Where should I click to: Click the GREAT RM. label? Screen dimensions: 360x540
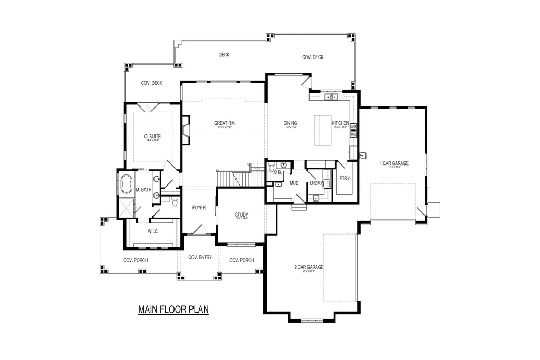(225, 123)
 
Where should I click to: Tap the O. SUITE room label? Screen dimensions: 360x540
(152, 137)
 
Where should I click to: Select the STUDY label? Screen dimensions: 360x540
(242, 215)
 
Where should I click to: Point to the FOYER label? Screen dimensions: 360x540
(199, 207)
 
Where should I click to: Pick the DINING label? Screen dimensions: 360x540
(290, 123)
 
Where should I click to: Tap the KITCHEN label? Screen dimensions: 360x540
(340, 123)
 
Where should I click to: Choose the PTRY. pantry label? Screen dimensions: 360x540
(345, 178)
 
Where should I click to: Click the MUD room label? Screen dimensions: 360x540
(294, 183)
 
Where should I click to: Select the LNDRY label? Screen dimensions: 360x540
(316, 183)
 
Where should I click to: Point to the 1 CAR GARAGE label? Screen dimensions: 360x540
(394, 163)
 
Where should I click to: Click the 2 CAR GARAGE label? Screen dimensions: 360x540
(308, 267)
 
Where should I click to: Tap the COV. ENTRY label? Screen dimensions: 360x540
(199, 258)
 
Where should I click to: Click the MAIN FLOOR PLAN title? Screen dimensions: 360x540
(173, 309)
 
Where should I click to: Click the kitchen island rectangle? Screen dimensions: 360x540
(323, 130)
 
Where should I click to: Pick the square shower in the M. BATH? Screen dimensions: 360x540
(126, 207)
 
